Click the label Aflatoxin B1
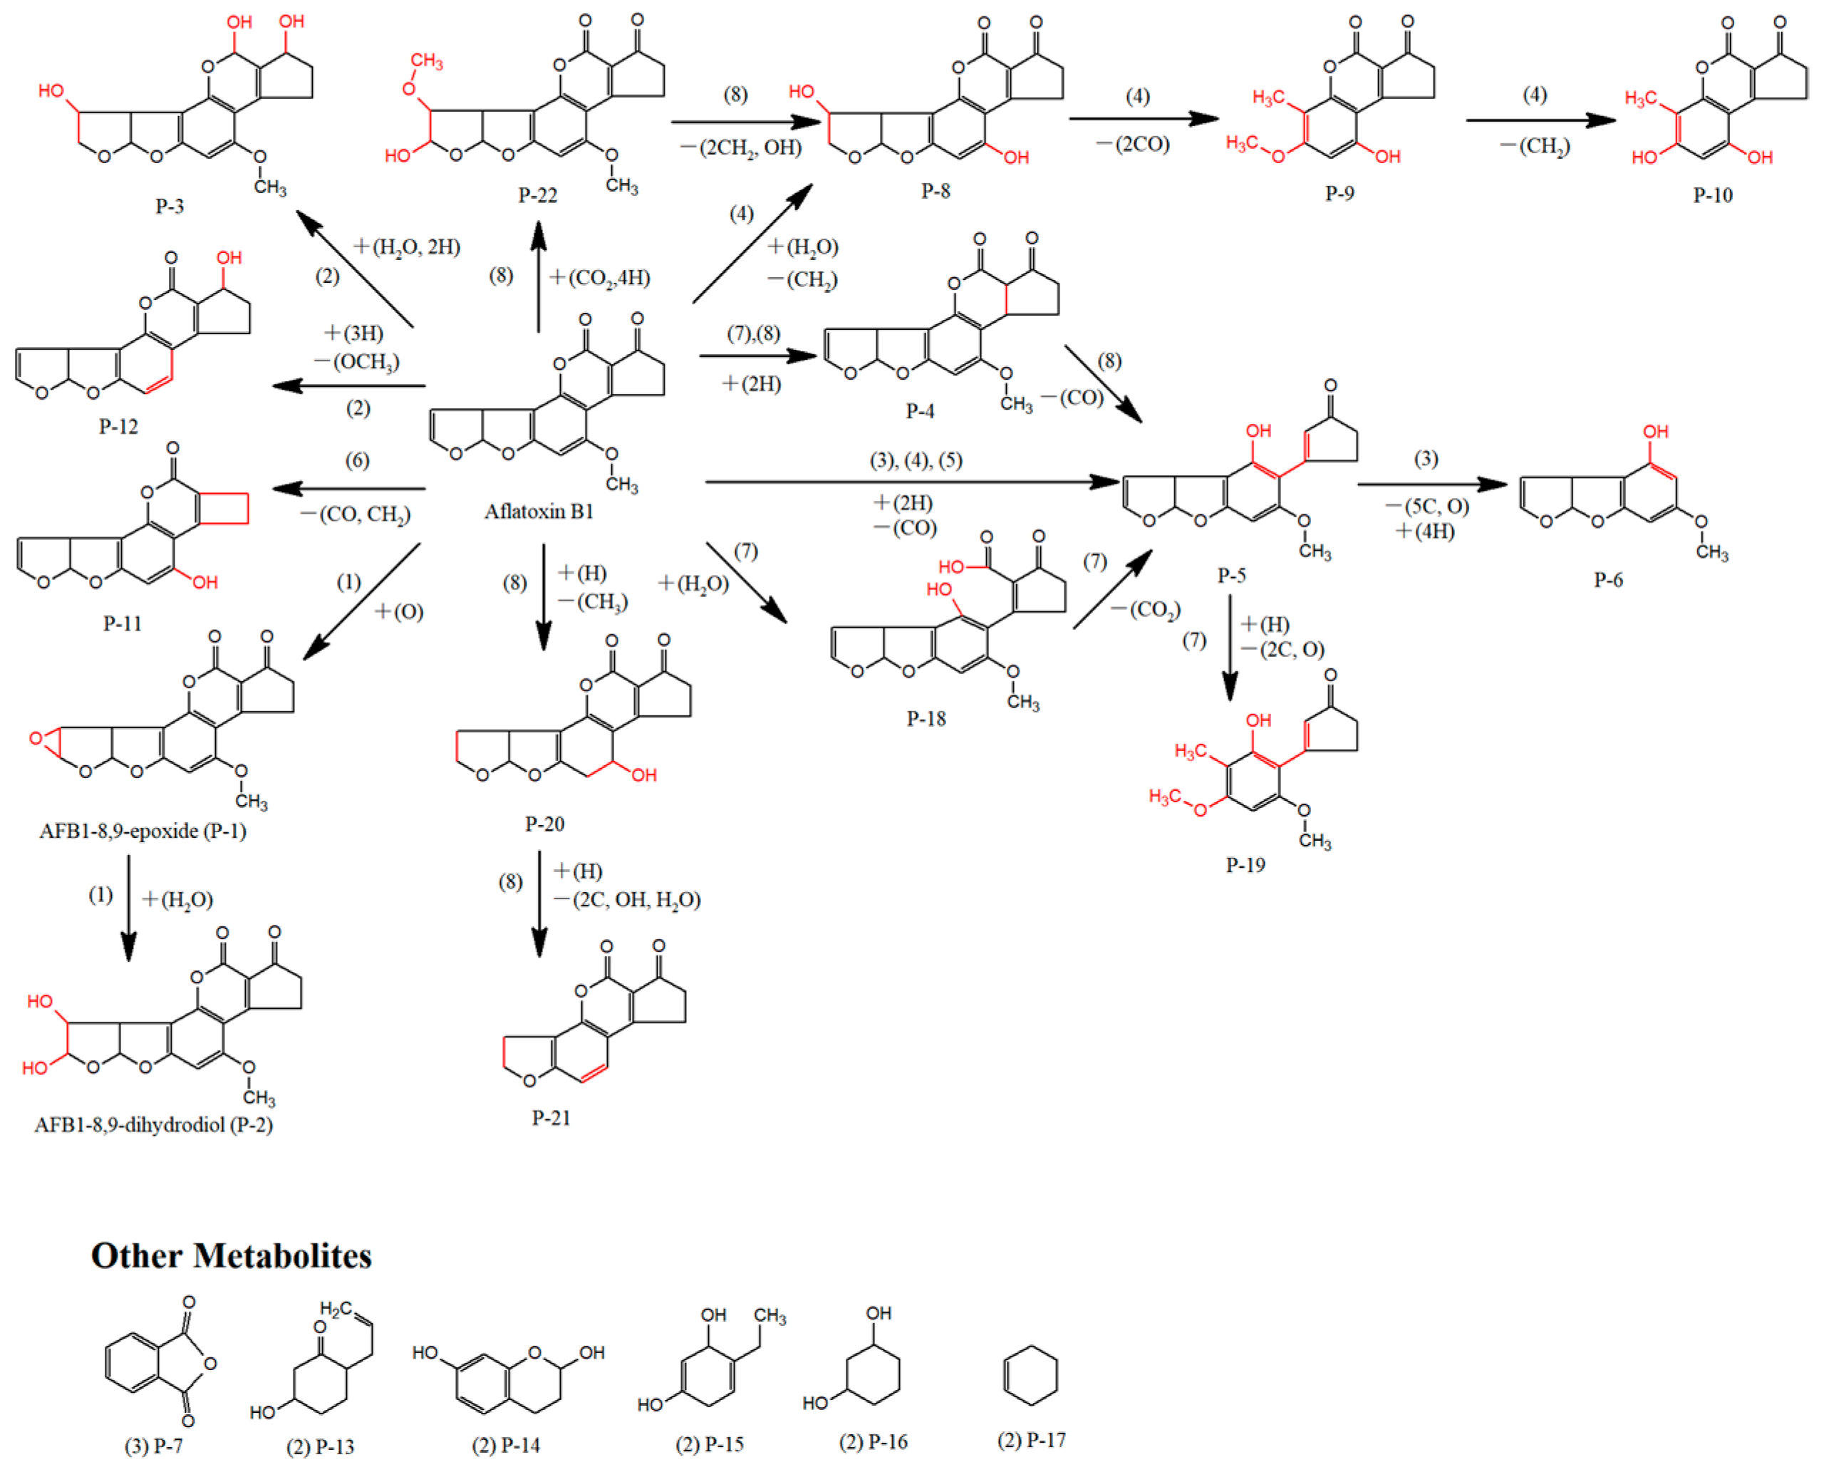coord(539,512)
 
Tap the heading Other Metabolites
coord(231,1256)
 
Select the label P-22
coord(538,195)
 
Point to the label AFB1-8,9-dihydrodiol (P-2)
coord(153,1124)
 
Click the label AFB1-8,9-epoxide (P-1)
coord(142,830)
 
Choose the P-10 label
coord(1712,195)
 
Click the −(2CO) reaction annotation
coord(1132,144)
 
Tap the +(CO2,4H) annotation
coord(599,278)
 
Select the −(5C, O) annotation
coord(1426,506)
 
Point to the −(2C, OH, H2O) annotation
coord(628,900)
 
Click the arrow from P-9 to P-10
coord(1540,120)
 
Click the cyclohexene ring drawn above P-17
coord(1030,1375)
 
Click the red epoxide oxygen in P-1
coord(36,739)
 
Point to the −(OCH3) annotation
coord(356,362)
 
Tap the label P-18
coord(926,719)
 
